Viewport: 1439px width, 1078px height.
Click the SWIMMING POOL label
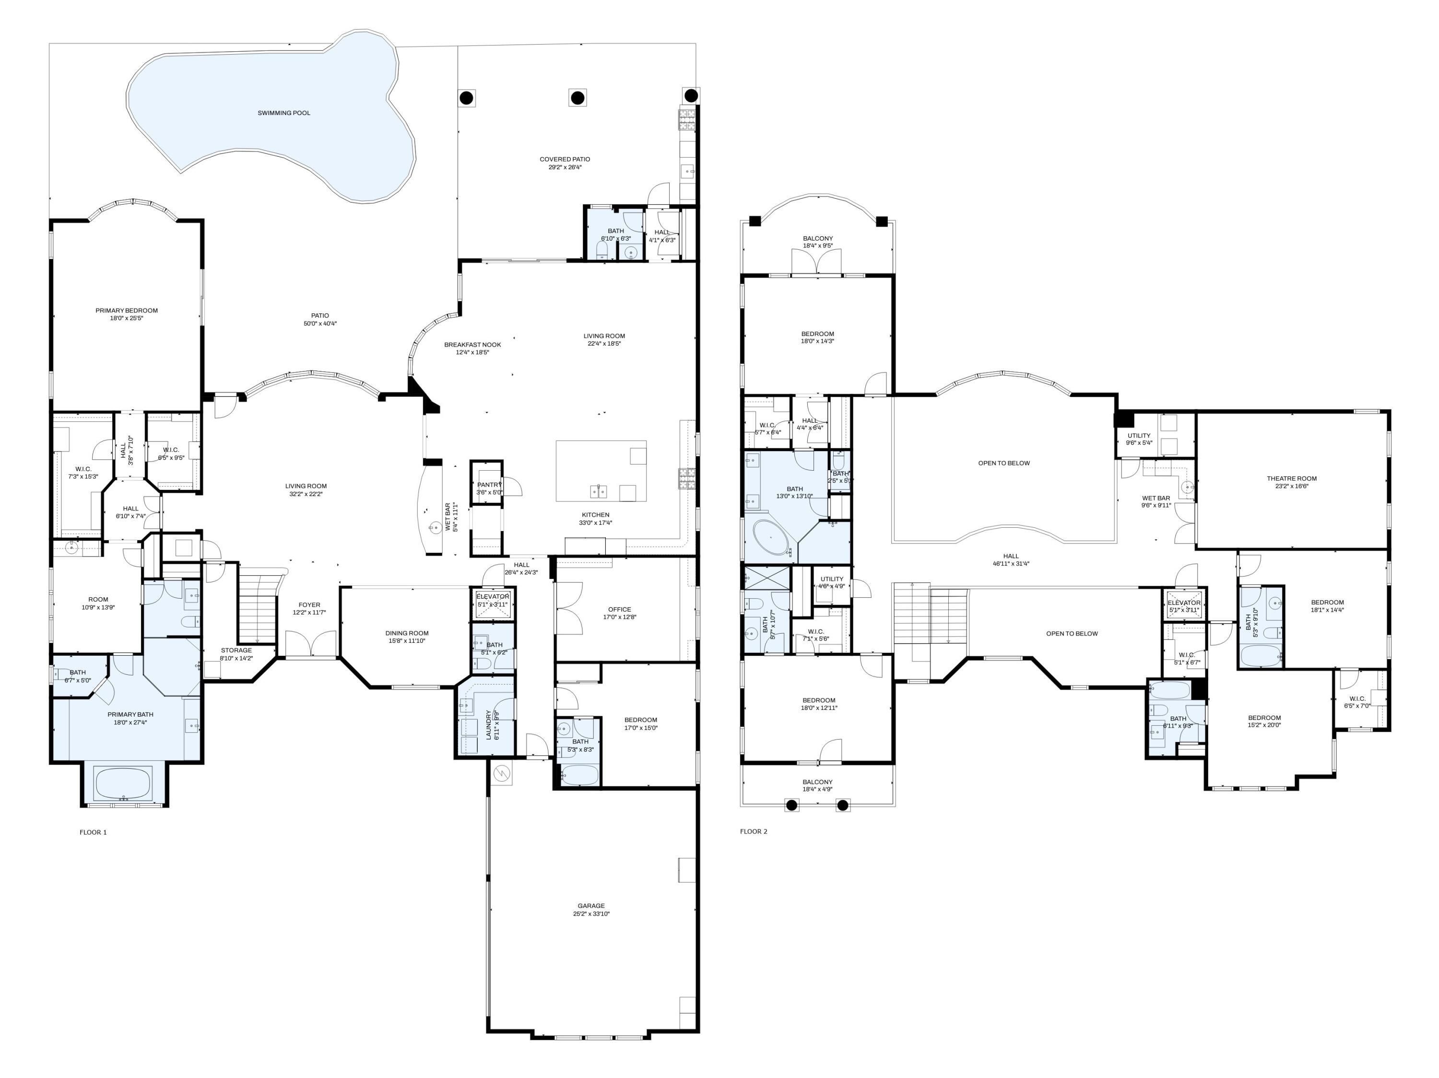click(x=283, y=113)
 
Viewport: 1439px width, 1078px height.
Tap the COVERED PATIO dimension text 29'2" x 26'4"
click(x=565, y=168)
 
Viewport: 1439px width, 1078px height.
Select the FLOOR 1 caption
click(x=93, y=832)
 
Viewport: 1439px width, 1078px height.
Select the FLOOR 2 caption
click(x=754, y=832)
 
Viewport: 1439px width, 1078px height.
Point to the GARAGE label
click(x=590, y=906)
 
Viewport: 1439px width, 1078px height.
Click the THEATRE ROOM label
click(x=1291, y=478)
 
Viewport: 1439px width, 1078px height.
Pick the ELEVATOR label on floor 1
click(x=493, y=596)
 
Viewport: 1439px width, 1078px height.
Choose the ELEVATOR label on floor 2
click(x=1183, y=603)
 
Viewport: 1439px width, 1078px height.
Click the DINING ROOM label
click(x=407, y=633)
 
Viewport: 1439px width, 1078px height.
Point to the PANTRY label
click(x=489, y=485)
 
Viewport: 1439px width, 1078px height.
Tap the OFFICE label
click(x=619, y=609)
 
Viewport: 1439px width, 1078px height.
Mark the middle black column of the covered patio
click(x=577, y=98)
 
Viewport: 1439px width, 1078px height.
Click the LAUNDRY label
click(x=489, y=725)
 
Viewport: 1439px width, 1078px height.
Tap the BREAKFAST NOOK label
click(x=472, y=345)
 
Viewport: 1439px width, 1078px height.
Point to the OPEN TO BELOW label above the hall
click(x=1004, y=463)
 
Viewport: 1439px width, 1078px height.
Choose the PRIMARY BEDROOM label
click(x=126, y=311)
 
